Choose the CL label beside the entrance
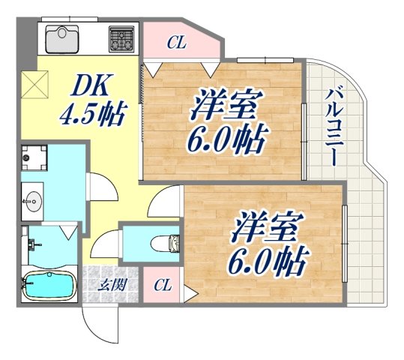point(162,286)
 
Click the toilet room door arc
point(105,241)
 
